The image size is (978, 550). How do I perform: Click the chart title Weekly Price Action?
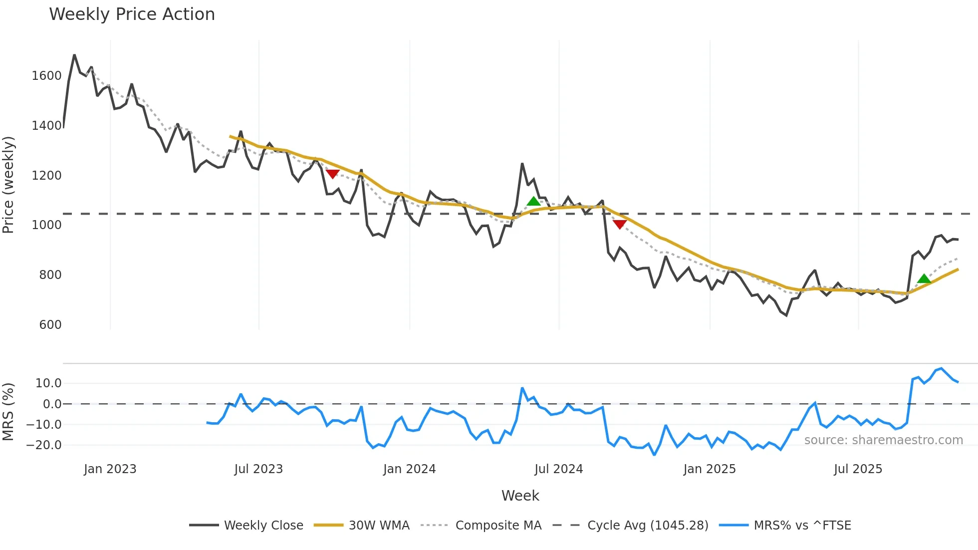[x=132, y=14]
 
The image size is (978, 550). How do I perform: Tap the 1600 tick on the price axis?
[x=46, y=76]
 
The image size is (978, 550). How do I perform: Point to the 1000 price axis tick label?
[x=46, y=225]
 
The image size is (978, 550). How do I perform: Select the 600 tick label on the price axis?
[x=50, y=325]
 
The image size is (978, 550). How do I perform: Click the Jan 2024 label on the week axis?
[x=409, y=469]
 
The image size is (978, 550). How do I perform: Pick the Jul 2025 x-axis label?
[x=858, y=469]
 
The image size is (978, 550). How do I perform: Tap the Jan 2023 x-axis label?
[x=110, y=469]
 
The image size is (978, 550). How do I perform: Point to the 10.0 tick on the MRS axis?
[x=48, y=383]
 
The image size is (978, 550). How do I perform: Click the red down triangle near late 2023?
[x=332, y=174]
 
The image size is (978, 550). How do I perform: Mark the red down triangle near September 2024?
[x=619, y=224]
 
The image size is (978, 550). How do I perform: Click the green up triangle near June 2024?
[x=533, y=201]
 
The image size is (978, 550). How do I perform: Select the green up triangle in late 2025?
[x=924, y=278]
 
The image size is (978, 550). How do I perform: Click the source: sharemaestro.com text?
[x=883, y=440]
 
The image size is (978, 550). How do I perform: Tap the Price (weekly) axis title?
[x=8, y=185]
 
